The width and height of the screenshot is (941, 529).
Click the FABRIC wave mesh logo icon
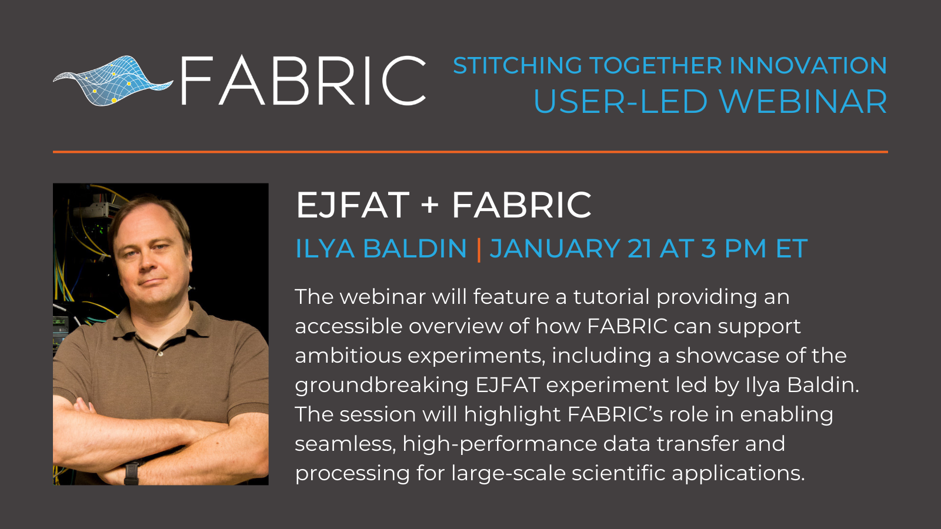112,81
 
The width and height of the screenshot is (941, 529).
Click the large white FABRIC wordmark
303,81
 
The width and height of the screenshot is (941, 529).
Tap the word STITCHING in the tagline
518,65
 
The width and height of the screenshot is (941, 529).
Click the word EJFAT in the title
353,205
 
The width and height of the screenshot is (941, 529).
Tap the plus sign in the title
430,206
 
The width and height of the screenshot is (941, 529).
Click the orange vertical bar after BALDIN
479,249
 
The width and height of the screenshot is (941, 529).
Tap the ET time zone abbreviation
792,248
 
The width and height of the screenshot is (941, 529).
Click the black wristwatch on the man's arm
132,473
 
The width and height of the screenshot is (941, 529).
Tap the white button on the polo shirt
160,354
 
